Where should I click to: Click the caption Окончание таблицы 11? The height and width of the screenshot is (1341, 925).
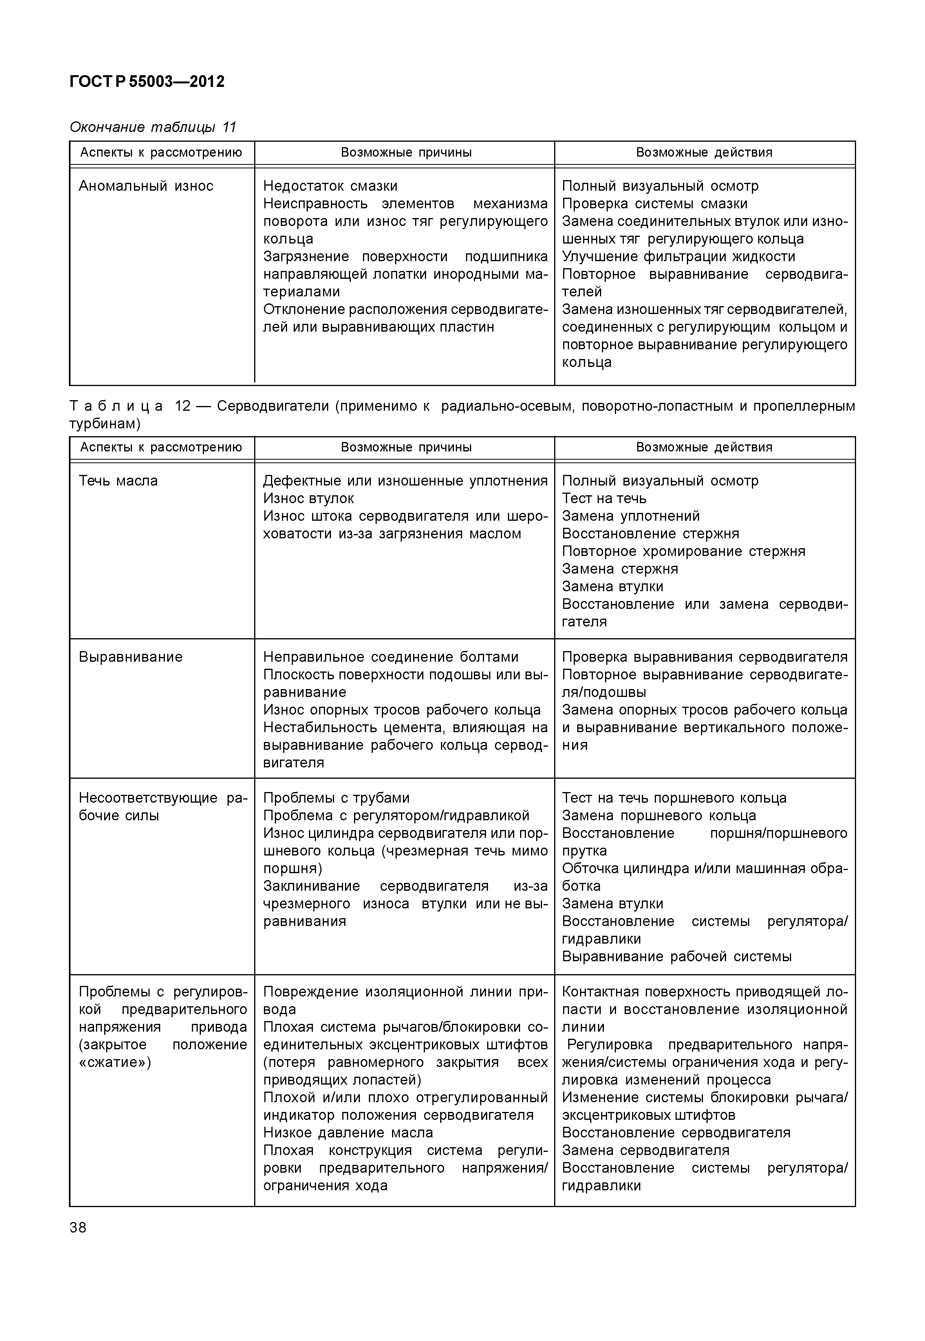(x=153, y=127)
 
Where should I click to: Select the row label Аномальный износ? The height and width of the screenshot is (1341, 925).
(x=146, y=186)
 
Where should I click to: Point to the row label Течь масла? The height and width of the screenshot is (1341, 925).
(x=118, y=481)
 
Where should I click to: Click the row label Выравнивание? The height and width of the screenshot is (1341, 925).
(x=130, y=657)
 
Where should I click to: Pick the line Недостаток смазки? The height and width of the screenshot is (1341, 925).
(x=331, y=186)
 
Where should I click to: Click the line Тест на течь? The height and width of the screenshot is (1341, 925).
(x=604, y=498)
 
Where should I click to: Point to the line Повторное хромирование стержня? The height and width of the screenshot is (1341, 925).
(x=683, y=551)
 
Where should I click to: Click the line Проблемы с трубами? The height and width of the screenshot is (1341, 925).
(x=336, y=798)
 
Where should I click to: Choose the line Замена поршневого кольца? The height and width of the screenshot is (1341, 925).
(x=659, y=816)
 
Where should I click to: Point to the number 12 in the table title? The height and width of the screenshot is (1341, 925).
(x=182, y=406)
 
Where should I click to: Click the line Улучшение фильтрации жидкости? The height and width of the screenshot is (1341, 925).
(x=678, y=257)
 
